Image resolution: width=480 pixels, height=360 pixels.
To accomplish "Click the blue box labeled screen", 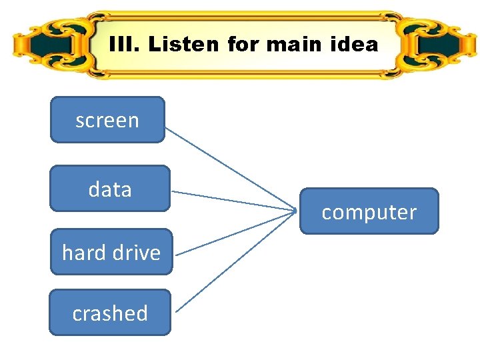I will tap(107, 120).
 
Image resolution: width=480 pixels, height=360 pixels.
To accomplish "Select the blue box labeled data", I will tap(110, 189).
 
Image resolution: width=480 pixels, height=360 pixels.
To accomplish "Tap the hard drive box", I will tap(111, 252).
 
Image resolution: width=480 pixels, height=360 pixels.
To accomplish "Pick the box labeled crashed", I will tap(110, 312).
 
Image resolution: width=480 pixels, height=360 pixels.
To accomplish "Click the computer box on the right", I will tap(369, 211).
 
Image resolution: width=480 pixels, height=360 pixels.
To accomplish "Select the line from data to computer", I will tap(233, 201).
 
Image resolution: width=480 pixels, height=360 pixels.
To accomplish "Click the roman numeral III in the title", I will tap(124, 45).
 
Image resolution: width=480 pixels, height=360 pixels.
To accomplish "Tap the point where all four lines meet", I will tap(296, 211).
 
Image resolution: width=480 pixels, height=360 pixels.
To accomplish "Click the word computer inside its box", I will tap(369, 213).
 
